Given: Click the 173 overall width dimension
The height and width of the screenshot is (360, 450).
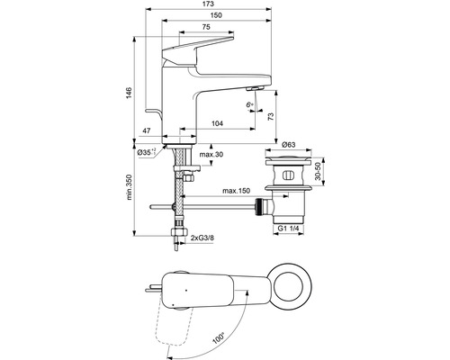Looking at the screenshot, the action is pos(208,4).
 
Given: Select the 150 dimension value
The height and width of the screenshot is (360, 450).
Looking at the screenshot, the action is pos(216,15).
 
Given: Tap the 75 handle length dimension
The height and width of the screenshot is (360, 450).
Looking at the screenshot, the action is pos(206,27).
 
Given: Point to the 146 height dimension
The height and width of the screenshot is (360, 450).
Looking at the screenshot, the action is pos(129,93).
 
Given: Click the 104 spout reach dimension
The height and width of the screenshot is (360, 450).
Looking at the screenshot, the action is pos(218,123).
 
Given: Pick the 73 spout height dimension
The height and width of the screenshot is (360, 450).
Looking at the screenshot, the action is pos(271,116).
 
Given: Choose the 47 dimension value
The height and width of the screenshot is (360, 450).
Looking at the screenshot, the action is pos(146,130).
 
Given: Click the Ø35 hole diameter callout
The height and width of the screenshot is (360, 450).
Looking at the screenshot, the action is pos(147,152).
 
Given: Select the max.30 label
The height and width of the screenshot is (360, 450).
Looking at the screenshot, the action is pos(211,155).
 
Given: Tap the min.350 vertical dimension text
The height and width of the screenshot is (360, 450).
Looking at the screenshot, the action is pos(129,187).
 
